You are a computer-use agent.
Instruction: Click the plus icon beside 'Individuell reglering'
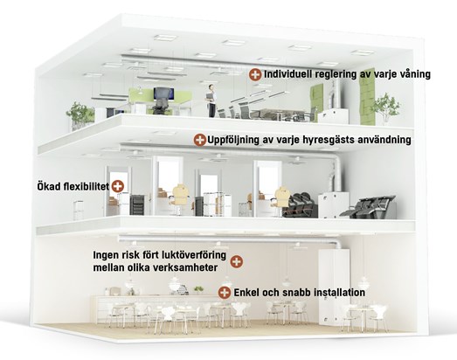pyautogui.click(x=255, y=74)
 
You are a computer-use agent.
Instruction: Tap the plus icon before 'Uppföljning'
pyautogui.click(x=200, y=140)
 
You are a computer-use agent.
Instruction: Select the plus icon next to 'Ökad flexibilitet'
pyautogui.click(x=118, y=186)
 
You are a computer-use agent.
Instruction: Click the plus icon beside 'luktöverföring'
pyautogui.click(x=237, y=262)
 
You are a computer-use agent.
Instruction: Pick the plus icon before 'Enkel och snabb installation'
pyautogui.click(x=225, y=293)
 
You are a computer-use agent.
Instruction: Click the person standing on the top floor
pyautogui.click(x=211, y=100)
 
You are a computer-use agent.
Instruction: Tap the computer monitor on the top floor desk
pyautogui.click(x=163, y=93)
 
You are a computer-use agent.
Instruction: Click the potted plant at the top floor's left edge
pyautogui.click(x=80, y=115)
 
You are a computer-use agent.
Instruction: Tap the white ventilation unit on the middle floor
pyautogui.click(x=333, y=205)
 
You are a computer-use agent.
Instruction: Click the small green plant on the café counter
pyautogui.click(x=198, y=289)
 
